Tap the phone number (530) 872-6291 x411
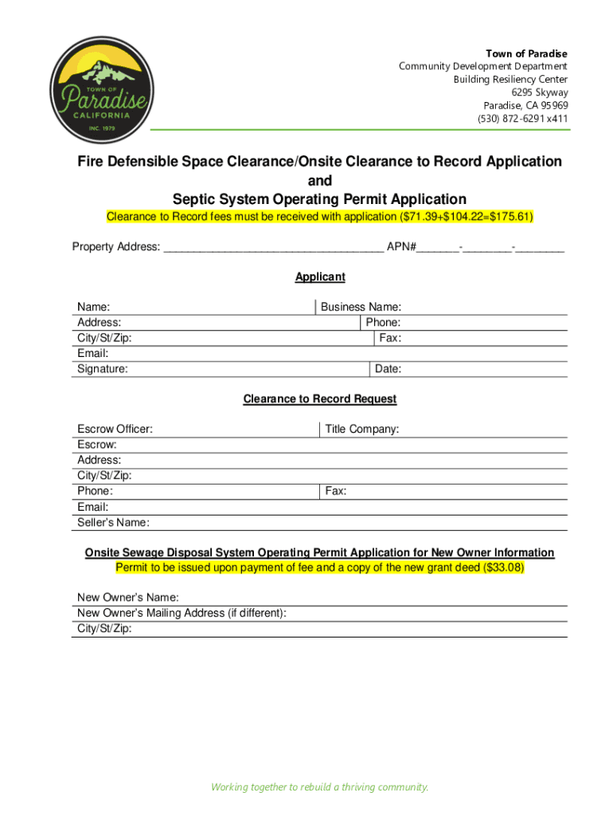point(522,119)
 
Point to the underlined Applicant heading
point(320,277)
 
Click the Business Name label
point(361,307)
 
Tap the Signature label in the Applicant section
point(102,369)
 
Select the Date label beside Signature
point(388,369)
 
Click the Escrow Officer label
point(115,430)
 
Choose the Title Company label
point(362,430)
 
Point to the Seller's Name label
point(113,523)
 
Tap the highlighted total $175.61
point(510,217)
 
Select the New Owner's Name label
point(128,598)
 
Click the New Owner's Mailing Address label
point(182,613)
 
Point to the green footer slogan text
point(319,787)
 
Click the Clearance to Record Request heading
point(319,399)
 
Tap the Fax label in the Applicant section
point(390,338)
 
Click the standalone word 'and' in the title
point(320,181)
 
